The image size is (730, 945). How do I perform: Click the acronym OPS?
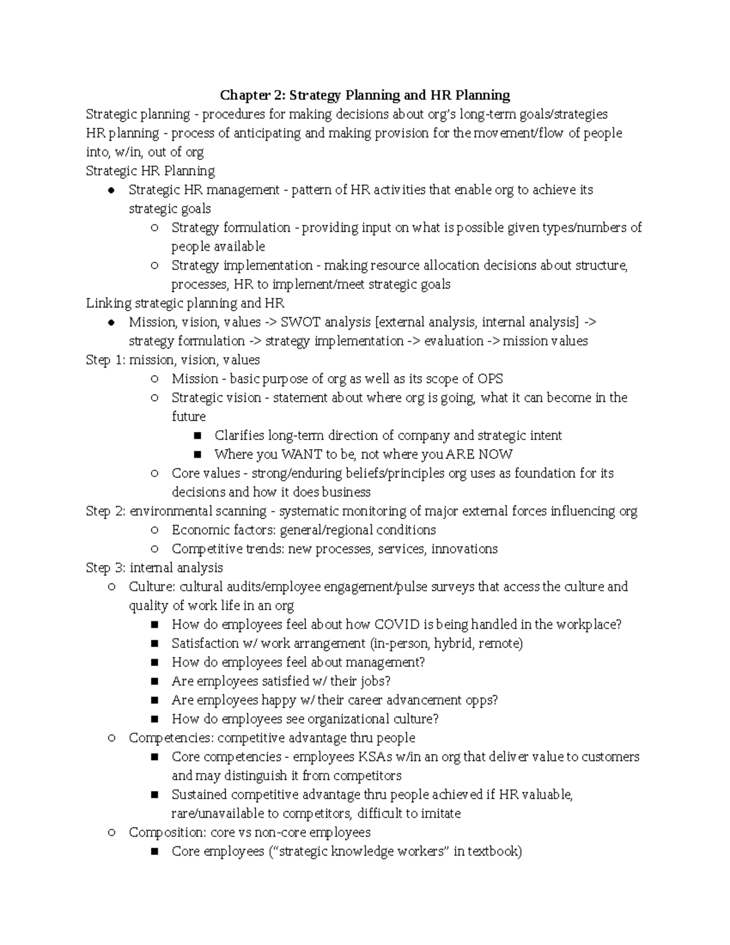point(490,378)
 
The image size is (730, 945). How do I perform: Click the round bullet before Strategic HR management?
point(111,190)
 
